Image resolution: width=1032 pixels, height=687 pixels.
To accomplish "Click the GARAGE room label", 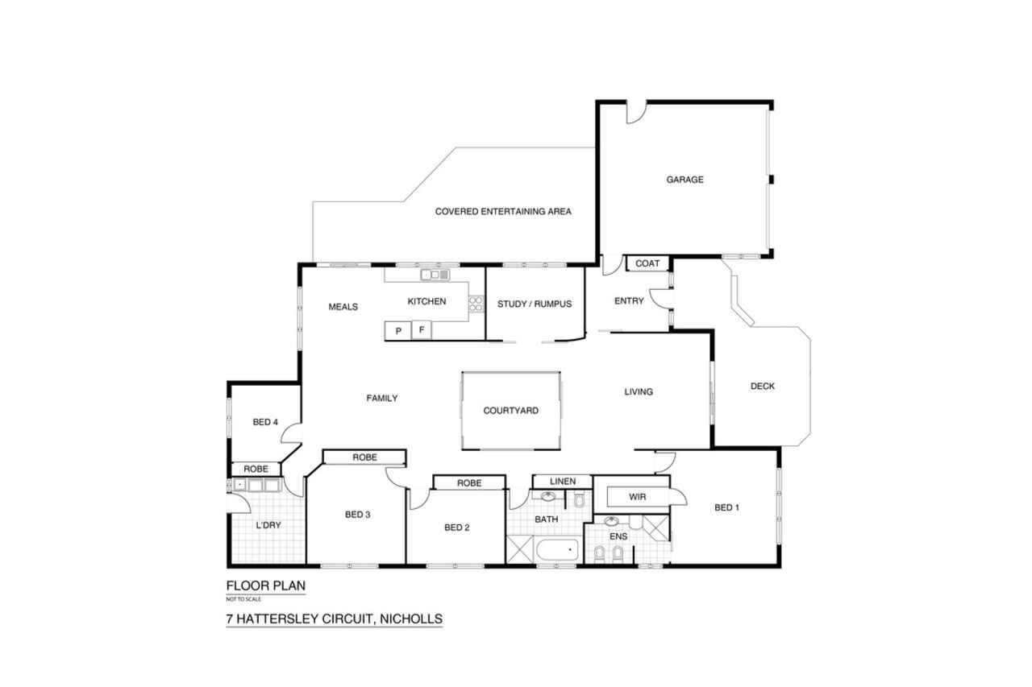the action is pos(685,180).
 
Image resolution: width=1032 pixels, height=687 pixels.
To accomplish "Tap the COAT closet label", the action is pos(647,263).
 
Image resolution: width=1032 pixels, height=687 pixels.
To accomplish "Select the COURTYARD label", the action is pos(510,411).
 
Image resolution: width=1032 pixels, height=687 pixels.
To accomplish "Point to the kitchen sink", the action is pos(435,275).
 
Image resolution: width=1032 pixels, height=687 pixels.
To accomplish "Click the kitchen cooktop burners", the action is pos(476,304).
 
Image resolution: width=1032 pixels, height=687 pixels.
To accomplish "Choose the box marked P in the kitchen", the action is pos(398,331).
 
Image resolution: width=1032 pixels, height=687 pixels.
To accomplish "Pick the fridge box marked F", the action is pos(422,330).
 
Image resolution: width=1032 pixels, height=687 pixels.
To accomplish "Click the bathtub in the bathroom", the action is pos(557,550).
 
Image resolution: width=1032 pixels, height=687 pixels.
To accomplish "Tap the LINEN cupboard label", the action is pos(563,482).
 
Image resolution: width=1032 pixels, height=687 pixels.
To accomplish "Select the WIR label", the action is pos(637,497).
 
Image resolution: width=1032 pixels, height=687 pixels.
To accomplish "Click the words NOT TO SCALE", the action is pos(243,599).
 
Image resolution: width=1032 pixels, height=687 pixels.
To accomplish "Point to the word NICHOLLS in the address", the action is pos(411,619).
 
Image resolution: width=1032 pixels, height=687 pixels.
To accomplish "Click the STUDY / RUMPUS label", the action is pos(535,304).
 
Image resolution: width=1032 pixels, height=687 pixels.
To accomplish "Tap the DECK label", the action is pos(763,387).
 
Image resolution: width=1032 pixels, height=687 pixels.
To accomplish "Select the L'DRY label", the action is pos(268,525).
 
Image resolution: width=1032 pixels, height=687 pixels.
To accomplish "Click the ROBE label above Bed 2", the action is pos(469,483).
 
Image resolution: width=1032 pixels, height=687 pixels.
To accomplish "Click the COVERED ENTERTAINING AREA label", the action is pos(503,212).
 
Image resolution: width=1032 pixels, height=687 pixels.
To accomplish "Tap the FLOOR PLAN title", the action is pos(266,586).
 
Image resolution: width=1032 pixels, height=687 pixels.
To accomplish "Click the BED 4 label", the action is pos(265,422).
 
